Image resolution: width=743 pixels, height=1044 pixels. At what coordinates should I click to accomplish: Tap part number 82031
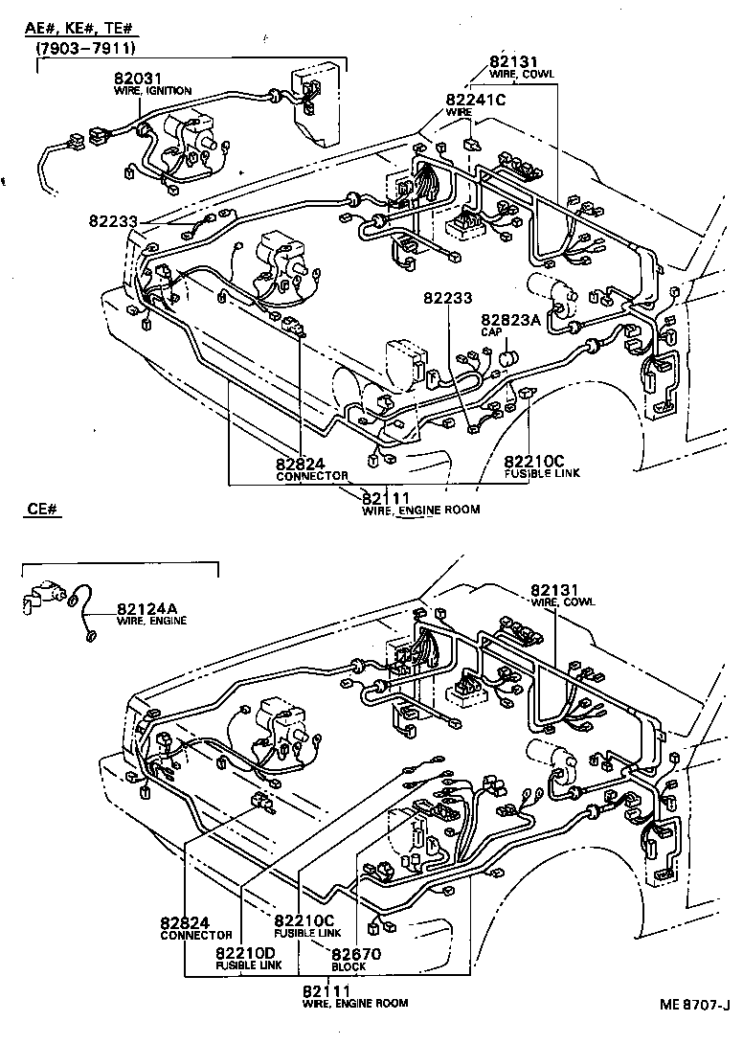(136, 79)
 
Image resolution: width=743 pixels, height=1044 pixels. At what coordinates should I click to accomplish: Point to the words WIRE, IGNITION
(152, 91)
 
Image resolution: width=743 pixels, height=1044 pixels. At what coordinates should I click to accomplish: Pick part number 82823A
(512, 320)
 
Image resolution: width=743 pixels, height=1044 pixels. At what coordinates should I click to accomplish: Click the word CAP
(491, 331)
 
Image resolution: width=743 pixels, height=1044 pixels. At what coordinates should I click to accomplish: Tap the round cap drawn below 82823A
(507, 359)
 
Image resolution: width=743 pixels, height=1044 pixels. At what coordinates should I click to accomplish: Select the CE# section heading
(44, 510)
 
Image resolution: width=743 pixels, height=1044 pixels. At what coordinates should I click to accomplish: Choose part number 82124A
(147, 607)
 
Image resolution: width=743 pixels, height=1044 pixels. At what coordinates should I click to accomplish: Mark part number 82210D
(244, 953)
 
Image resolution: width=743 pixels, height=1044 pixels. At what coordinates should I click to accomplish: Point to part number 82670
(356, 954)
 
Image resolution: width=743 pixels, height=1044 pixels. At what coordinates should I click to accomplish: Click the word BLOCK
(349, 966)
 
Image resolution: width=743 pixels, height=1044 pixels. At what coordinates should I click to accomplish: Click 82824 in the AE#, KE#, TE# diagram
(302, 464)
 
